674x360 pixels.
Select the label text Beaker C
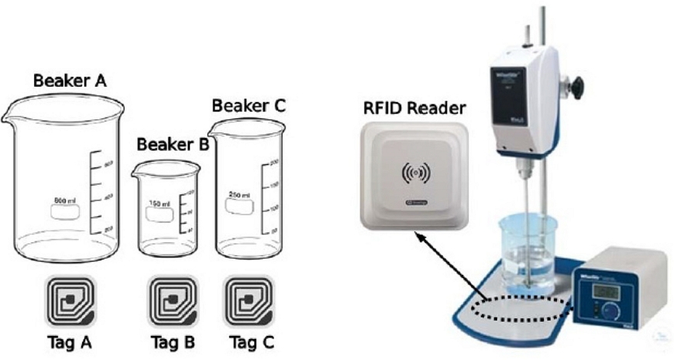click(249, 105)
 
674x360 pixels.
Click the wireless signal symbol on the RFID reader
click(415, 173)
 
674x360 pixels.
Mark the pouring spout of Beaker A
click(9, 118)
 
